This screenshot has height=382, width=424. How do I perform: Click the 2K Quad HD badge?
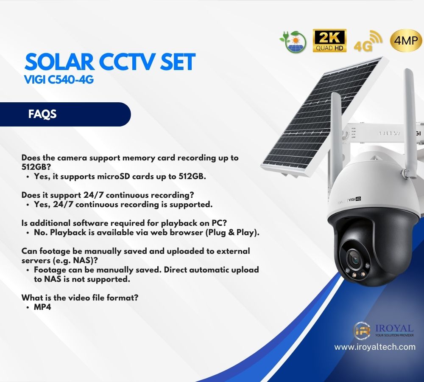point(329,41)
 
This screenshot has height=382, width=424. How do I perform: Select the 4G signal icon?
point(368,41)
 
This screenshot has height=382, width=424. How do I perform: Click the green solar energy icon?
point(293,42)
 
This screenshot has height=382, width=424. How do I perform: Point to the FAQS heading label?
point(42,114)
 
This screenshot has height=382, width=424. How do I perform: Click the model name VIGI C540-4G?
point(59,80)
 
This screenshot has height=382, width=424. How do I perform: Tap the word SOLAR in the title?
point(59,62)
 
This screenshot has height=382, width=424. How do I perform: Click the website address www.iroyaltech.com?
point(375,347)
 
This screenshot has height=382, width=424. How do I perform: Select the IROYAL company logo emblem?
point(362,331)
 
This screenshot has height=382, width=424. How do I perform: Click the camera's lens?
point(354,260)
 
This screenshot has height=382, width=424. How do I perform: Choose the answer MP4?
point(42,307)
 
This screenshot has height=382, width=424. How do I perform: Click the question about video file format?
point(80,298)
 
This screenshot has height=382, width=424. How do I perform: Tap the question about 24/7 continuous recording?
point(108,195)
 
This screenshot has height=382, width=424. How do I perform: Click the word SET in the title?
point(177,62)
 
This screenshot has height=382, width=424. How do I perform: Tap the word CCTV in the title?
point(127,62)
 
